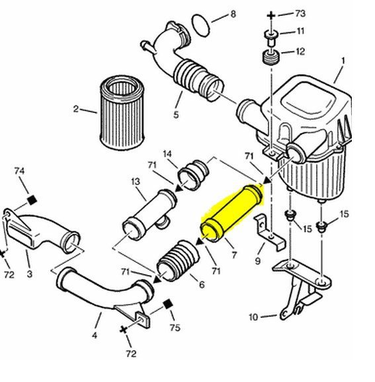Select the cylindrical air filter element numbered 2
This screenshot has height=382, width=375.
point(122,112)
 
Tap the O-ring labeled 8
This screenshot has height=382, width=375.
point(201,25)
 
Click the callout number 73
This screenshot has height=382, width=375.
point(300,13)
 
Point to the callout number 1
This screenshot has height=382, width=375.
point(343,61)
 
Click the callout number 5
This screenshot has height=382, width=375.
point(176,114)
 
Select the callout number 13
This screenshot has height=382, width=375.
point(136,182)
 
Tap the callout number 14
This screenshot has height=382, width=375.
point(167,154)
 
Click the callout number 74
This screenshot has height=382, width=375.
point(19,171)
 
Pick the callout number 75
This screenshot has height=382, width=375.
point(175,327)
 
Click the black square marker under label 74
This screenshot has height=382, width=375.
point(32,200)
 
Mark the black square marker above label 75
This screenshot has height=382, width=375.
point(167,304)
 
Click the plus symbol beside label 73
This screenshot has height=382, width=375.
point(271,16)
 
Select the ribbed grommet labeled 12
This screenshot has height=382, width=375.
point(271,57)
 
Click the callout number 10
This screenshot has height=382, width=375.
point(253,317)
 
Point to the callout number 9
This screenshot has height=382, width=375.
point(258,261)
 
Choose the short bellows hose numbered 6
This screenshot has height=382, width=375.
point(178,260)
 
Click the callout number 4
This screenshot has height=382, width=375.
point(95,335)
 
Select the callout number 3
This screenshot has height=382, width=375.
point(30,274)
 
